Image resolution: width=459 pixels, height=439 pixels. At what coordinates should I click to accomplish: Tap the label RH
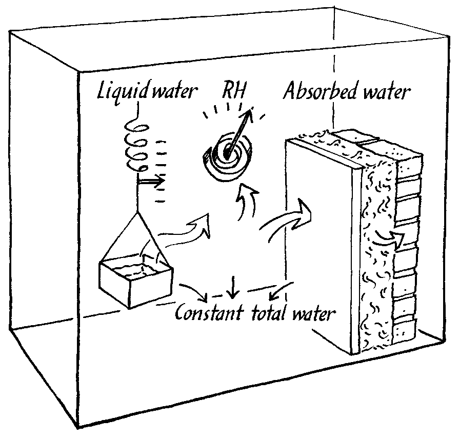point(233,90)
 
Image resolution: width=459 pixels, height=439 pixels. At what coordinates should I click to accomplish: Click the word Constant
point(210,313)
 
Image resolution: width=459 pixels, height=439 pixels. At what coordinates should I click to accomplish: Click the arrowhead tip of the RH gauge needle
point(251,109)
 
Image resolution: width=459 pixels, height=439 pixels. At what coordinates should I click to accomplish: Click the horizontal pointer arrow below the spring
point(151,182)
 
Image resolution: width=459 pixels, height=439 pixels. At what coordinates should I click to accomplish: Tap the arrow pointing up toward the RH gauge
point(246,202)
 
